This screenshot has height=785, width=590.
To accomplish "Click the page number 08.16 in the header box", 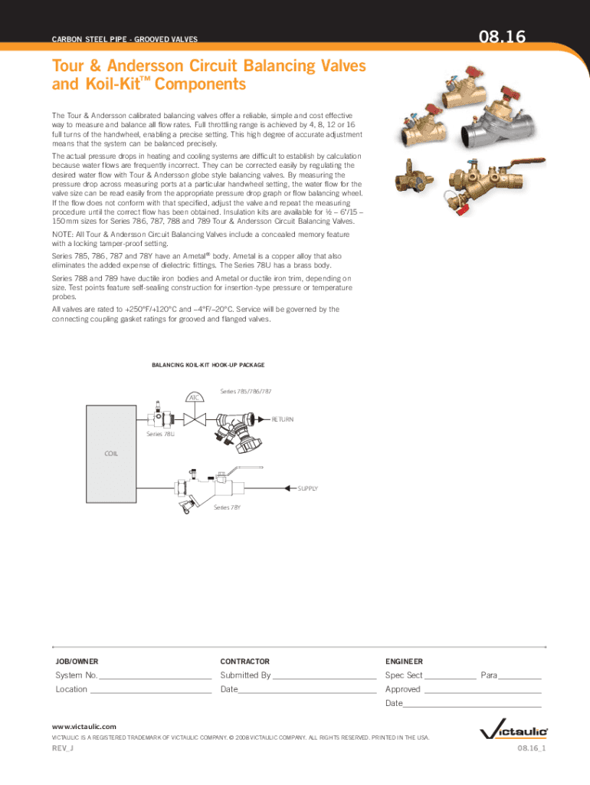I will tap(506, 35).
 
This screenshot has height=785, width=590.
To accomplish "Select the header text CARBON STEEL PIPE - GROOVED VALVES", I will tap(125, 38).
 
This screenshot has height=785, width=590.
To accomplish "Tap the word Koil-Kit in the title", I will tap(87, 84).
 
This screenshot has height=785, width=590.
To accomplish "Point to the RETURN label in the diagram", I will tap(283, 419).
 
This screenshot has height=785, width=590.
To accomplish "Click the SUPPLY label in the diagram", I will tap(308, 488).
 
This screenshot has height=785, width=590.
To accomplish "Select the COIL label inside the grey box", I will tap(112, 453).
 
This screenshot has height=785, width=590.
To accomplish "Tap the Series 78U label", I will tap(160, 435).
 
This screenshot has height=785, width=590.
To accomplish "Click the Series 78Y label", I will tap(227, 507).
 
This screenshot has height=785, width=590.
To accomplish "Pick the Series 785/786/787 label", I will tap(245, 392).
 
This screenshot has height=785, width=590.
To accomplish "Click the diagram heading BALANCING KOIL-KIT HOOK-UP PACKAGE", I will tap(209, 366).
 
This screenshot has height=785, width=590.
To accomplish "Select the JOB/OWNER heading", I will tap(77, 661).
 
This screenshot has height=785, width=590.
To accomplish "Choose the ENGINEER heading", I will tap(404, 661).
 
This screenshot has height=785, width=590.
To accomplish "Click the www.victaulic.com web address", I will tap(84, 726).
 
